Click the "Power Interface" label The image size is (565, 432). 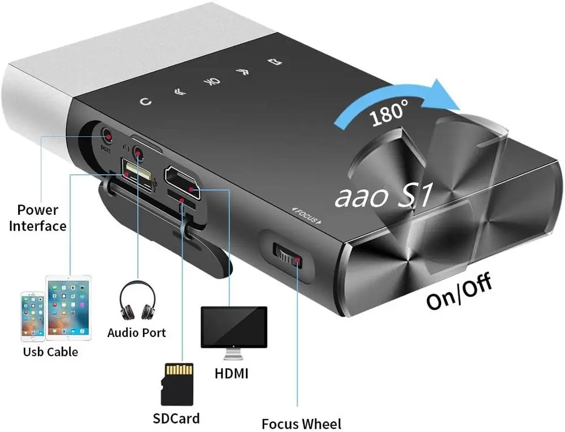pos(41,218)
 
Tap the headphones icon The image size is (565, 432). pos(137,302)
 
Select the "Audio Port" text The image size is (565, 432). pos(137,332)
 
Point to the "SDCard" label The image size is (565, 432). pos(176,419)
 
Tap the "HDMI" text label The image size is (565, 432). pos(232,374)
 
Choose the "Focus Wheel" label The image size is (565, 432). pos(301,424)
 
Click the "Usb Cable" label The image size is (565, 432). pos(50,352)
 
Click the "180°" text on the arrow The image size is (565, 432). pos(389,113)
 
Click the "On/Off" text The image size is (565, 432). pos(459,292)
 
